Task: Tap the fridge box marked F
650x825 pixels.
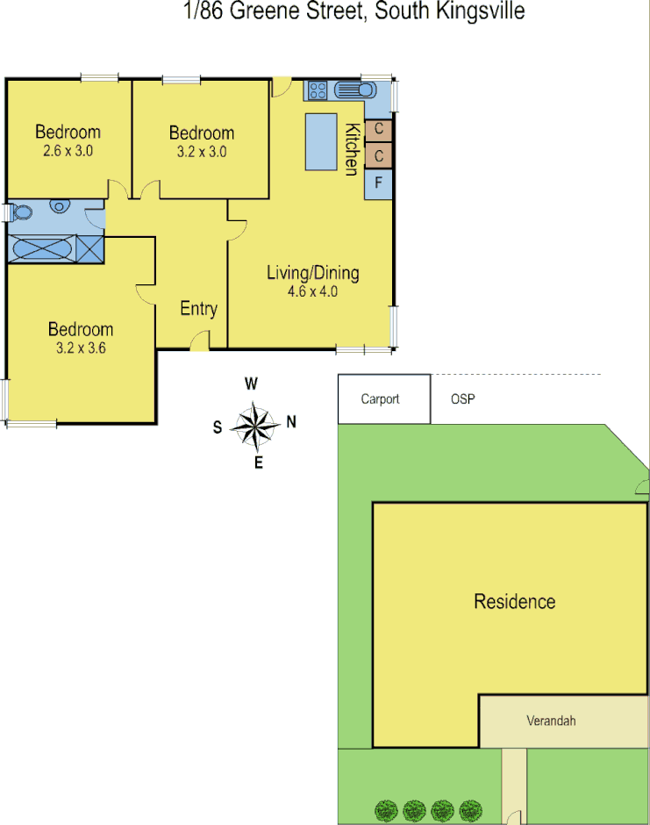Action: point(378,183)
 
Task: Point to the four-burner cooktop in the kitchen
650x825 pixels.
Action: point(317,90)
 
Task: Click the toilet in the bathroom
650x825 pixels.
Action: point(21,212)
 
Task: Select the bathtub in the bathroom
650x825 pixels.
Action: point(41,247)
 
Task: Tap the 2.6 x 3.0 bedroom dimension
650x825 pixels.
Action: point(68,150)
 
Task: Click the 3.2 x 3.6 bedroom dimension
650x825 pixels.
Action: point(80,347)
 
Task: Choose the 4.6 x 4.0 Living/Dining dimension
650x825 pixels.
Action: point(312,291)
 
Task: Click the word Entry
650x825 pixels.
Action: point(198,308)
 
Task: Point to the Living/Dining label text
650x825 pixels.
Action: point(312,273)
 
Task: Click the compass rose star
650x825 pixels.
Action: point(254,427)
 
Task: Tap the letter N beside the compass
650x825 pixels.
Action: point(291,422)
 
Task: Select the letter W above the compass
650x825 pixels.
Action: point(251,384)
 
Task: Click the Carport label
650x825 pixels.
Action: point(380,399)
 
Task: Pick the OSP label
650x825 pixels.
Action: point(462,399)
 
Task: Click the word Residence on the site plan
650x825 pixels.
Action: point(514,601)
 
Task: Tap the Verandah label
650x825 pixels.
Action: point(551,721)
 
